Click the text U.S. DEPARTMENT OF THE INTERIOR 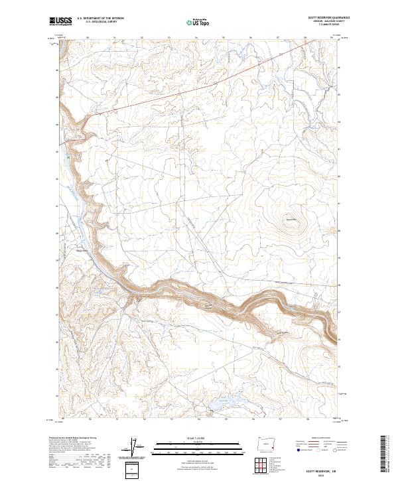click(x=100, y=19)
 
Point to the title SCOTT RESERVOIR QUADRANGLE click(x=328, y=19)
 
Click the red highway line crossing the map click(x=199, y=86)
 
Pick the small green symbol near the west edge click(x=67, y=158)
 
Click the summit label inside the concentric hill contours click(x=290, y=220)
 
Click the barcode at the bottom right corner click(x=384, y=454)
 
